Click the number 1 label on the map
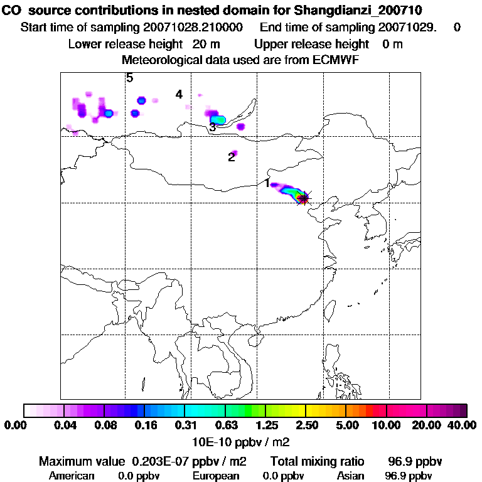(267, 183)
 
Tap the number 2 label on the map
(232, 157)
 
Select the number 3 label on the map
(213, 127)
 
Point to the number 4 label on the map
(179, 94)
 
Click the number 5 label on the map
(129, 78)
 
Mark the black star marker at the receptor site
(304, 198)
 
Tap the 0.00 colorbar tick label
(14, 426)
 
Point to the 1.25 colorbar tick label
(267, 426)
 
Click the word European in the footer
(216, 476)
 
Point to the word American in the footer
(72, 476)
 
